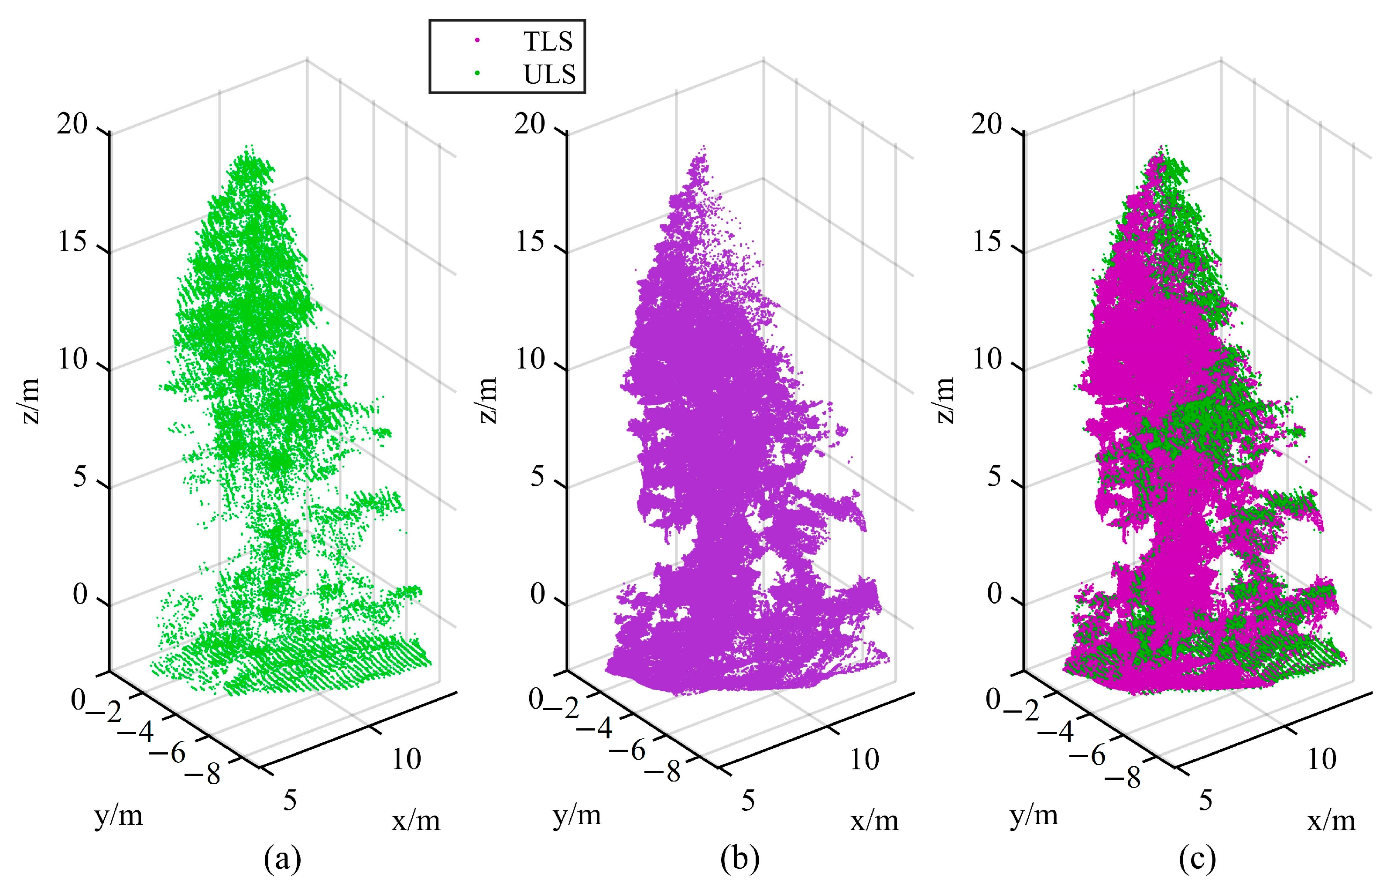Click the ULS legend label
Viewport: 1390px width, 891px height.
coord(549,75)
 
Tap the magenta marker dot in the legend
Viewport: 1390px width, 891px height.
coord(477,41)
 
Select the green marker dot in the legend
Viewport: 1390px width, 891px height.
coord(477,73)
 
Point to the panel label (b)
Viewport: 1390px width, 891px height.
coord(740,860)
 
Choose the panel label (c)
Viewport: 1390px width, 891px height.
coord(1197,860)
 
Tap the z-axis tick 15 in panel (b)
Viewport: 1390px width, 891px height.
coord(530,242)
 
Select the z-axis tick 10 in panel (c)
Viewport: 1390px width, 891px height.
coord(987,359)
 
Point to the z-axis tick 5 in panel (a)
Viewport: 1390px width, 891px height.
coord(80,478)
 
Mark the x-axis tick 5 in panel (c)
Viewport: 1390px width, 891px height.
coord(1205,801)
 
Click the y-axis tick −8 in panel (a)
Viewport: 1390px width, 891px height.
coord(206,774)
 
